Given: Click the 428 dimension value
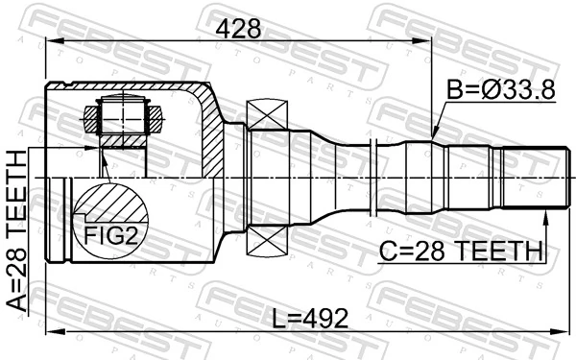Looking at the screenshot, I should [x=238, y=29].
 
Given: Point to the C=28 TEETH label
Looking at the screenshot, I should [x=461, y=252].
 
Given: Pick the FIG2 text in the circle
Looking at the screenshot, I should [x=109, y=233].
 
